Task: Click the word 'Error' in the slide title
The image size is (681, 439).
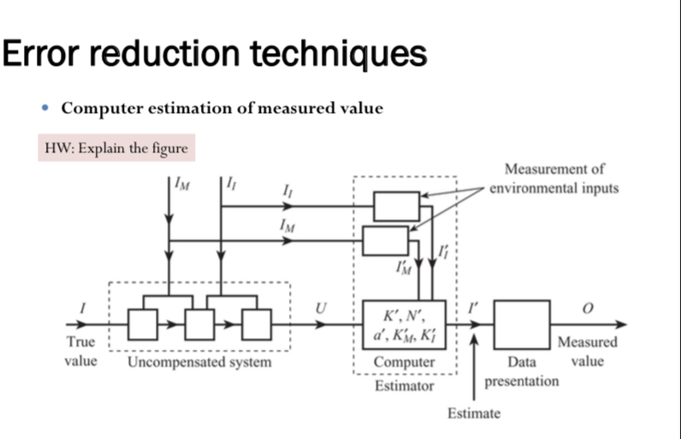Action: (x=42, y=54)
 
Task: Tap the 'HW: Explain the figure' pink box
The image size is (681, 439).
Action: (x=116, y=148)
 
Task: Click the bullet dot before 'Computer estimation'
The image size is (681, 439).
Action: (x=47, y=110)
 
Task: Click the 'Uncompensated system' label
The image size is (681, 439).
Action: (x=198, y=362)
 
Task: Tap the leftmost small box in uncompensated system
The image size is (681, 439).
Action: (x=143, y=325)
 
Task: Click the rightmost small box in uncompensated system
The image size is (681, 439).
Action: (x=256, y=325)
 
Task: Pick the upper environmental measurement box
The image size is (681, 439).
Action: (x=396, y=206)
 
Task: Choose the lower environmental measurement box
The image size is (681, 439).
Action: (x=385, y=240)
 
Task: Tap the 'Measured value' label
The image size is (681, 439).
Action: (x=587, y=352)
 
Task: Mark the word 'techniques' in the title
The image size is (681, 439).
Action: (x=339, y=54)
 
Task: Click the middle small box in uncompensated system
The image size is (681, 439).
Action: (x=198, y=325)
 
